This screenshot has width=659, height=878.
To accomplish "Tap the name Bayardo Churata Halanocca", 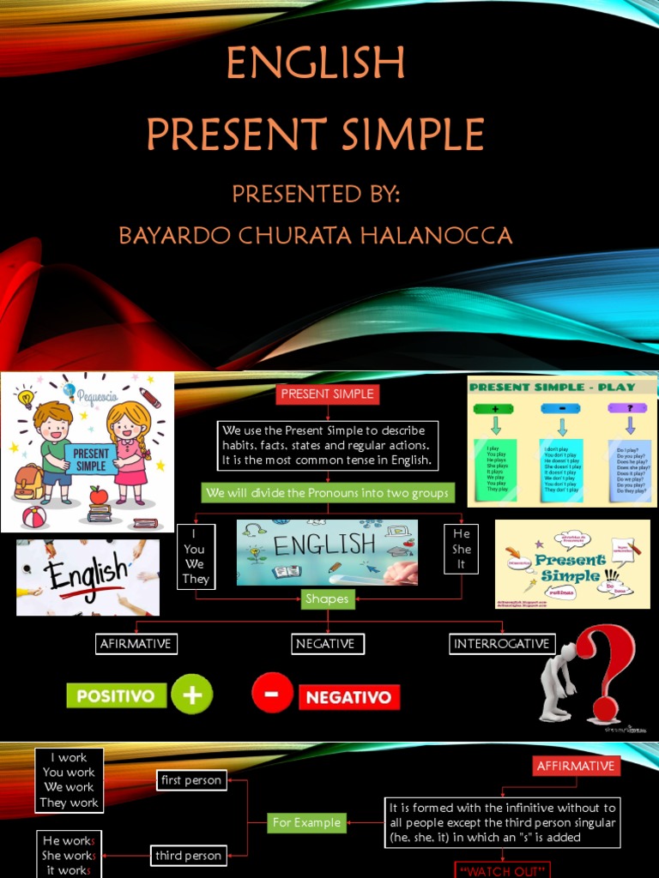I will (x=315, y=235).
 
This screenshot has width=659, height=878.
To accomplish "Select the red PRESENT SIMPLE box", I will (x=327, y=394).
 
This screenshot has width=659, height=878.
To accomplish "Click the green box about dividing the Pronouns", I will (x=327, y=493).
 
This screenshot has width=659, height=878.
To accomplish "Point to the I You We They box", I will (x=195, y=556).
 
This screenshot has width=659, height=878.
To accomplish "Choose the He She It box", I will (x=462, y=549).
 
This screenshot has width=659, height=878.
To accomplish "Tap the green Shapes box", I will (x=327, y=599).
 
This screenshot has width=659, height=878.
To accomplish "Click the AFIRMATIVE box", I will (x=136, y=644).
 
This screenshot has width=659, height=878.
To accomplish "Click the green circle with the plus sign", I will (x=192, y=695).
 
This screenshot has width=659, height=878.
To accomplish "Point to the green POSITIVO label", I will (x=115, y=695).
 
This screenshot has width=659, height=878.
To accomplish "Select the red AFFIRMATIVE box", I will (x=575, y=766).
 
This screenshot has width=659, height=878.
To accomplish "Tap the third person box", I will (x=189, y=855).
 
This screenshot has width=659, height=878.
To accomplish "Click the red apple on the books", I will (x=99, y=495).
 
